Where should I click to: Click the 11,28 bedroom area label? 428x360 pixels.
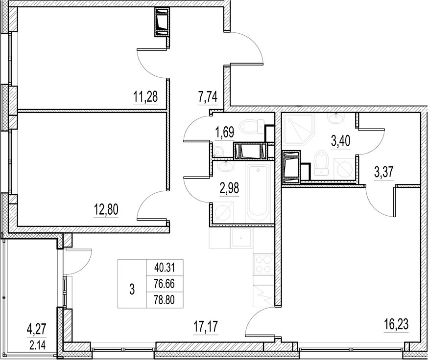[145, 96]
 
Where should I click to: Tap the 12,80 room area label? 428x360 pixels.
[106, 210]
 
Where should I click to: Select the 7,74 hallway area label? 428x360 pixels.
[208, 97]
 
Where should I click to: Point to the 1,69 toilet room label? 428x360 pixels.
[224, 132]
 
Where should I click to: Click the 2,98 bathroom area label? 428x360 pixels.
[229, 188]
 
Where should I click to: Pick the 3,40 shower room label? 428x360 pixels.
[340, 141]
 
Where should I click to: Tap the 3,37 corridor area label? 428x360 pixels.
[383, 172]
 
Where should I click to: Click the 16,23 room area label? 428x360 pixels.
[396, 325]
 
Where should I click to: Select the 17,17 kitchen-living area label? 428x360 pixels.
[206, 326]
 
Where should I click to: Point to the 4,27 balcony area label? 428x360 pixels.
[37, 328]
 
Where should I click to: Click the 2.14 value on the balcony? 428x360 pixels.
[37, 345]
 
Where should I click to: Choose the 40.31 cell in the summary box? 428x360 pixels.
[165, 268]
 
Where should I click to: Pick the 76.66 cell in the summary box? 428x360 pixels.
[165, 284]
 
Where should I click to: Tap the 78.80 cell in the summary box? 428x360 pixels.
[165, 300]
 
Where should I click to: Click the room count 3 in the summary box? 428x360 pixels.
[132, 289]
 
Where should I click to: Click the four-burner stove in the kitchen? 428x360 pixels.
[263, 264]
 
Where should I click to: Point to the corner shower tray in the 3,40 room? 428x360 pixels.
[299, 129]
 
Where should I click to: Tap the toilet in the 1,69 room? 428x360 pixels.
[252, 127]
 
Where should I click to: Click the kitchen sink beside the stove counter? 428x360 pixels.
[241, 238]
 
